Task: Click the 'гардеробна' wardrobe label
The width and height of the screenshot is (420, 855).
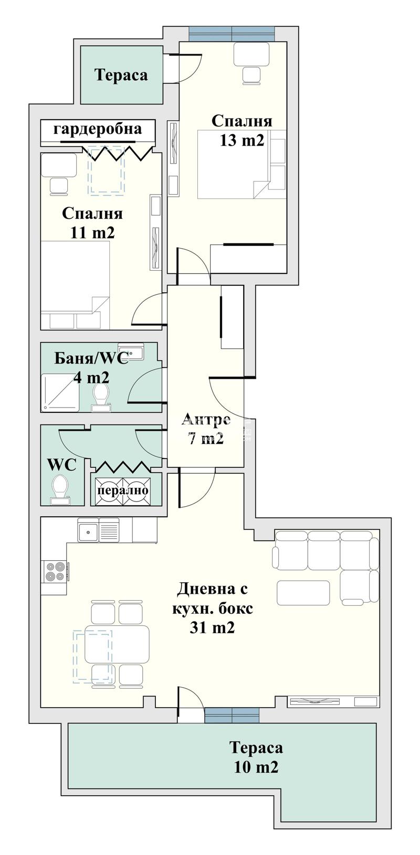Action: tap(98, 130)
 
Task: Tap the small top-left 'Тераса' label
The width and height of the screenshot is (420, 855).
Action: tap(121, 75)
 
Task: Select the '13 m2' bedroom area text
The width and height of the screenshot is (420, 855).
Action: tap(241, 141)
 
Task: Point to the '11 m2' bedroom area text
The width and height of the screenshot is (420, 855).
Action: tap(92, 232)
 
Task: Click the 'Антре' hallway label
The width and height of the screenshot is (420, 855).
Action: tap(206, 419)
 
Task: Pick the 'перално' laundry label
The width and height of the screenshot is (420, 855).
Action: tap(123, 490)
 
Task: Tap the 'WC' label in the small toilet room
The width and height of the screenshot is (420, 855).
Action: tap(61, 465)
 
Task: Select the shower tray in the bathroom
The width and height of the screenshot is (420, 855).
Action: tap(60, 393)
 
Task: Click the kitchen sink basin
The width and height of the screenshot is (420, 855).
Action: tap(88, 530)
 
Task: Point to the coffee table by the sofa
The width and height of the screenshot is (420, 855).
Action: tap(303, 593)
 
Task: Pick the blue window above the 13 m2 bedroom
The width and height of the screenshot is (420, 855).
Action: tap(232, 34)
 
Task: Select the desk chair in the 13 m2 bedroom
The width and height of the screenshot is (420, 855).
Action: tap(252, 75)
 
